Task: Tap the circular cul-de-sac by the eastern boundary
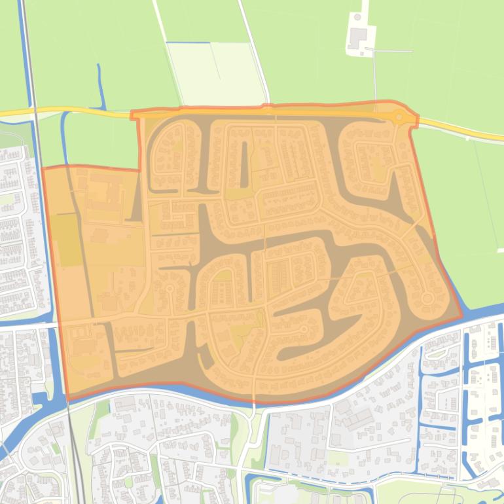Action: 427,298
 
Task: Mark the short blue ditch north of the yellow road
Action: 101,85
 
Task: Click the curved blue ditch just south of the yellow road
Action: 65,137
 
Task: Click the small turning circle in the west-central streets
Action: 170,288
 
